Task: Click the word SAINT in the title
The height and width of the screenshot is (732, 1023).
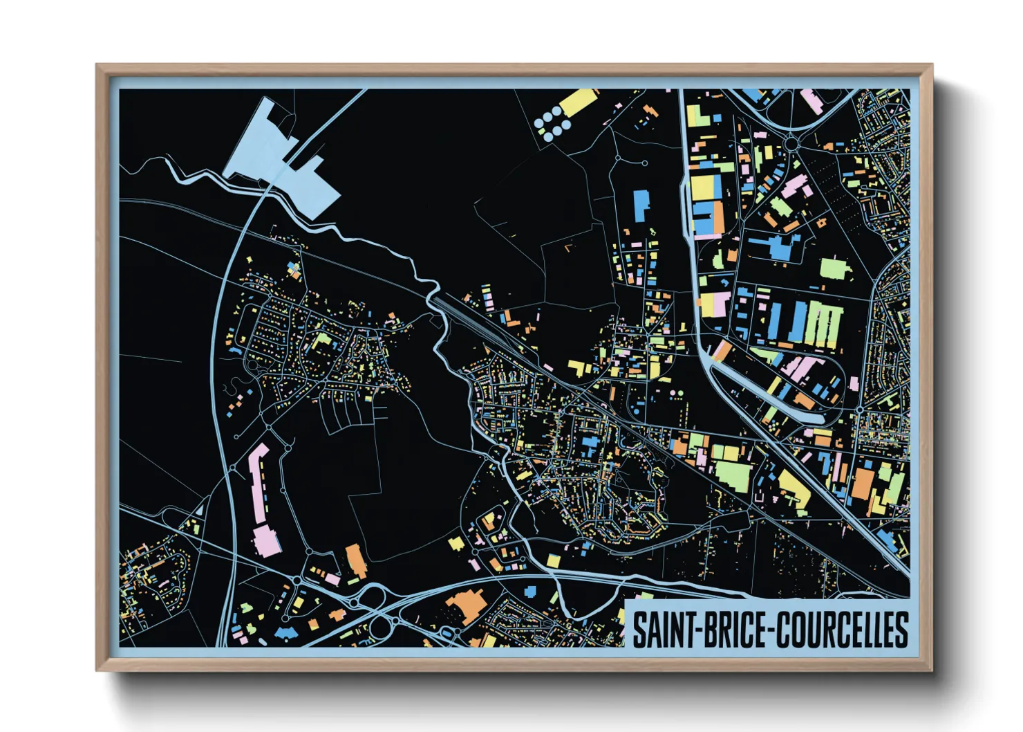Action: pos(664,629)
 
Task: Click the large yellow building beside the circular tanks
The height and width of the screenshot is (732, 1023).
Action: pos(579,103)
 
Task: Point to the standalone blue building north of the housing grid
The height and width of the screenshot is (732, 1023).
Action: pos(641,205)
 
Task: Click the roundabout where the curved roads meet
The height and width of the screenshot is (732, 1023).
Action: pos(792,143)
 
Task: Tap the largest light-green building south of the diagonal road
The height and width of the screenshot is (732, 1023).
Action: pos(733,475)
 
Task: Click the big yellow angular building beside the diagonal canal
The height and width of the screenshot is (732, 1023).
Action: pos(795,488)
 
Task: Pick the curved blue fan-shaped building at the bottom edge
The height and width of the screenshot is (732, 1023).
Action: pos(285,632)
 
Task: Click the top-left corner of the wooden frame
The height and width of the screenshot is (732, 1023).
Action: pos(97,66)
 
